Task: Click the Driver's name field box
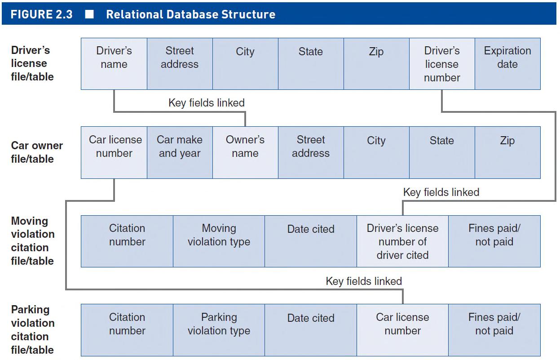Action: click(x=114, y=64)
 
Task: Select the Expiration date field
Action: click(x=507, y=64)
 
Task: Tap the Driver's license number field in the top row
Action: click(x=442, y=64)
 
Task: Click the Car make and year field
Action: click(x=180, y=152)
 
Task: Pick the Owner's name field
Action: click(x=245, y=152)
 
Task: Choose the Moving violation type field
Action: click(x=219, y=241)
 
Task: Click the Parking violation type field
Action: click(x=219, y=330)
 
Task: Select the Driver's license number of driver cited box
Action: click(x=402, y=241)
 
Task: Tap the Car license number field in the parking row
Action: click(x=402, y=330)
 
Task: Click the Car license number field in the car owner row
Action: click(x=114, y=152)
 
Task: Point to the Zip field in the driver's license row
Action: click(x=376, y=64)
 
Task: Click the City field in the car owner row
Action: click(x=376, y=152)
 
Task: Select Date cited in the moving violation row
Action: click(x=311, y=241)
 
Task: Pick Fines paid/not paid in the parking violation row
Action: click(x=494, y=330)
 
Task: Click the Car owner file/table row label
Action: click(x=37, y=152)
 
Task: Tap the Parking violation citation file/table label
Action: click(x=33, y=330)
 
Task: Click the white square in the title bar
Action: click(x=89, y=14)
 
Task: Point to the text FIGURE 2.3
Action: click(x=41, y=14)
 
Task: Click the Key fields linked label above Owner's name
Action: click(x=207, y=103)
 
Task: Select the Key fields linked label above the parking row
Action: click(x=364, y=281)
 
